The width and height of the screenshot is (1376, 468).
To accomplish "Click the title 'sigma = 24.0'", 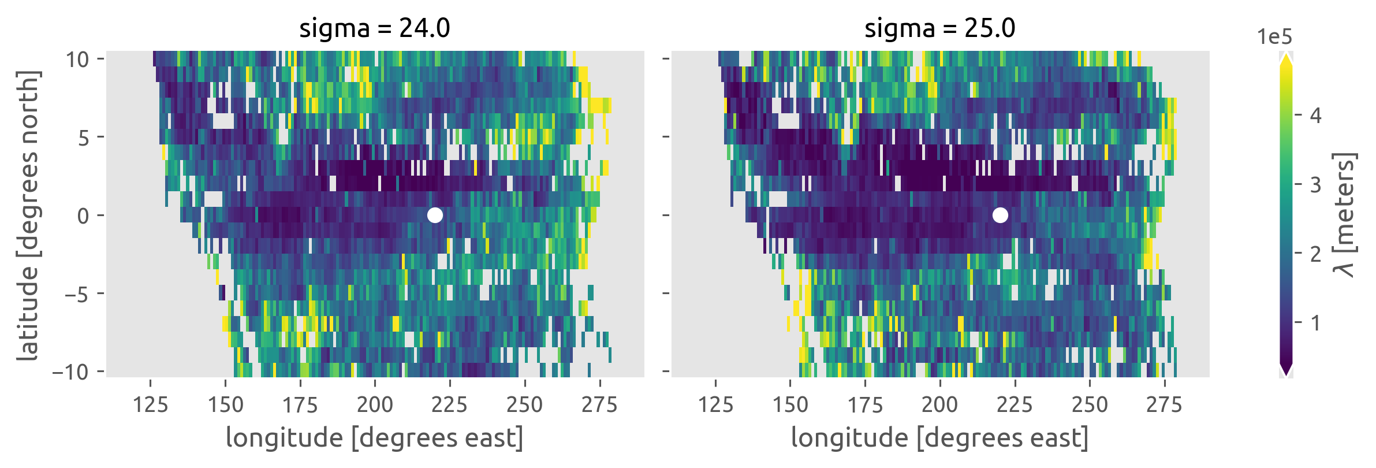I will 374,28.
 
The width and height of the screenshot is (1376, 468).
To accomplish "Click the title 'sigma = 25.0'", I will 939,28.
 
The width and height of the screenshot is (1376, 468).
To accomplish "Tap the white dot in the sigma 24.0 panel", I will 435,215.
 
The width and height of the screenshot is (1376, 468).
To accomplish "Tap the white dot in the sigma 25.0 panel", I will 1000,215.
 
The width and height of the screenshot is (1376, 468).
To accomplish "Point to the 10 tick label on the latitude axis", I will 77,59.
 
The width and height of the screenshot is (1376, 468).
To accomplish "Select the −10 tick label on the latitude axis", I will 70,372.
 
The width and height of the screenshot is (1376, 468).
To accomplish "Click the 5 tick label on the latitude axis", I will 84,138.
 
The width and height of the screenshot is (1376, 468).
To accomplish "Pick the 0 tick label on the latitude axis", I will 83,216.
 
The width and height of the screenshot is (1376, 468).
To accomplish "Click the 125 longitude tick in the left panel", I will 150,404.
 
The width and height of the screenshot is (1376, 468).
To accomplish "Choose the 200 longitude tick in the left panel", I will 375,404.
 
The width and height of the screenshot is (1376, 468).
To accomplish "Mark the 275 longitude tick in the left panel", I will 599,404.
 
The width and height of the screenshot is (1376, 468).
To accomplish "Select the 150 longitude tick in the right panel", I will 790,404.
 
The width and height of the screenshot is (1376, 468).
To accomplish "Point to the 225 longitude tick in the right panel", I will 1015,404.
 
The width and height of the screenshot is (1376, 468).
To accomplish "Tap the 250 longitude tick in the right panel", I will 1090,404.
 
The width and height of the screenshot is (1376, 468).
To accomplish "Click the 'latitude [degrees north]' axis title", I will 28,216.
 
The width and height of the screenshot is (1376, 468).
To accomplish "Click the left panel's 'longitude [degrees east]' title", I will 375,437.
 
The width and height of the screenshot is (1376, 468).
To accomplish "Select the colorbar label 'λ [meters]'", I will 1345,215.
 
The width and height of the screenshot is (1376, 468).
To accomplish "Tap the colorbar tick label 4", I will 1315,116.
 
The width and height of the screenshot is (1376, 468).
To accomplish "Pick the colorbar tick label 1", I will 1315,322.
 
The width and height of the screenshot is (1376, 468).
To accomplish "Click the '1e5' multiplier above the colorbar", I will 1274,37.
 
